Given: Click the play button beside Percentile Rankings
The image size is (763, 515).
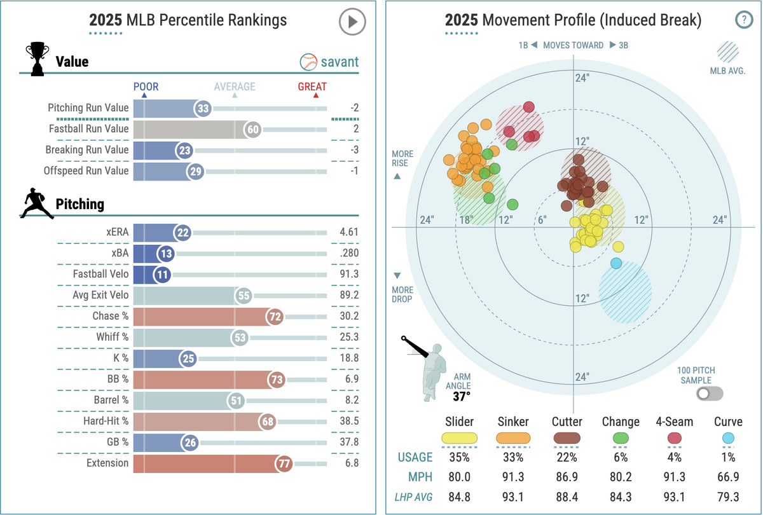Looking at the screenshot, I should [352, 22].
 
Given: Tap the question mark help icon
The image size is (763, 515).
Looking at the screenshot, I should [743, 20].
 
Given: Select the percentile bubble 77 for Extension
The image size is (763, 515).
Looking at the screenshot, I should [284, 464].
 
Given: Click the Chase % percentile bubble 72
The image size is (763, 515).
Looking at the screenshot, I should [275, 316].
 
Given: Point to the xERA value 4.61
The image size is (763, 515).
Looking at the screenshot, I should [348, 232].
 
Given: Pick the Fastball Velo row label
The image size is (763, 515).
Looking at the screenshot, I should [100, 274].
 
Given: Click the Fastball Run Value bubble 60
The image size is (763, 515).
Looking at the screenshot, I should [253, 130].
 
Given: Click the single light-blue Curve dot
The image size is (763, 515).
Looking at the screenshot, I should [615, 263].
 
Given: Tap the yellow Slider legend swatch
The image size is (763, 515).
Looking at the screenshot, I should [459, 437].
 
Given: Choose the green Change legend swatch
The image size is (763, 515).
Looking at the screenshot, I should [621, 437].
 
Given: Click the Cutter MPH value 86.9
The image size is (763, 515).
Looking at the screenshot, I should [567, 476].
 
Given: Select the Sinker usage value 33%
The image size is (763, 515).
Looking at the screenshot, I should [513, 457].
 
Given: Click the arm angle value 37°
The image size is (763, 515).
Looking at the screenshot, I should [462, 396].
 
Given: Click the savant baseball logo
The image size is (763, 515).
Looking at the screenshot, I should [308, 62].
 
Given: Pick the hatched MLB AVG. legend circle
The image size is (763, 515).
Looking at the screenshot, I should [728, 52].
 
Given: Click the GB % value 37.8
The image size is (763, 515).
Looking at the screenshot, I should [348, 443].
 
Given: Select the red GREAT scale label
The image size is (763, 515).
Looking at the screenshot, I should [312, 86].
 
